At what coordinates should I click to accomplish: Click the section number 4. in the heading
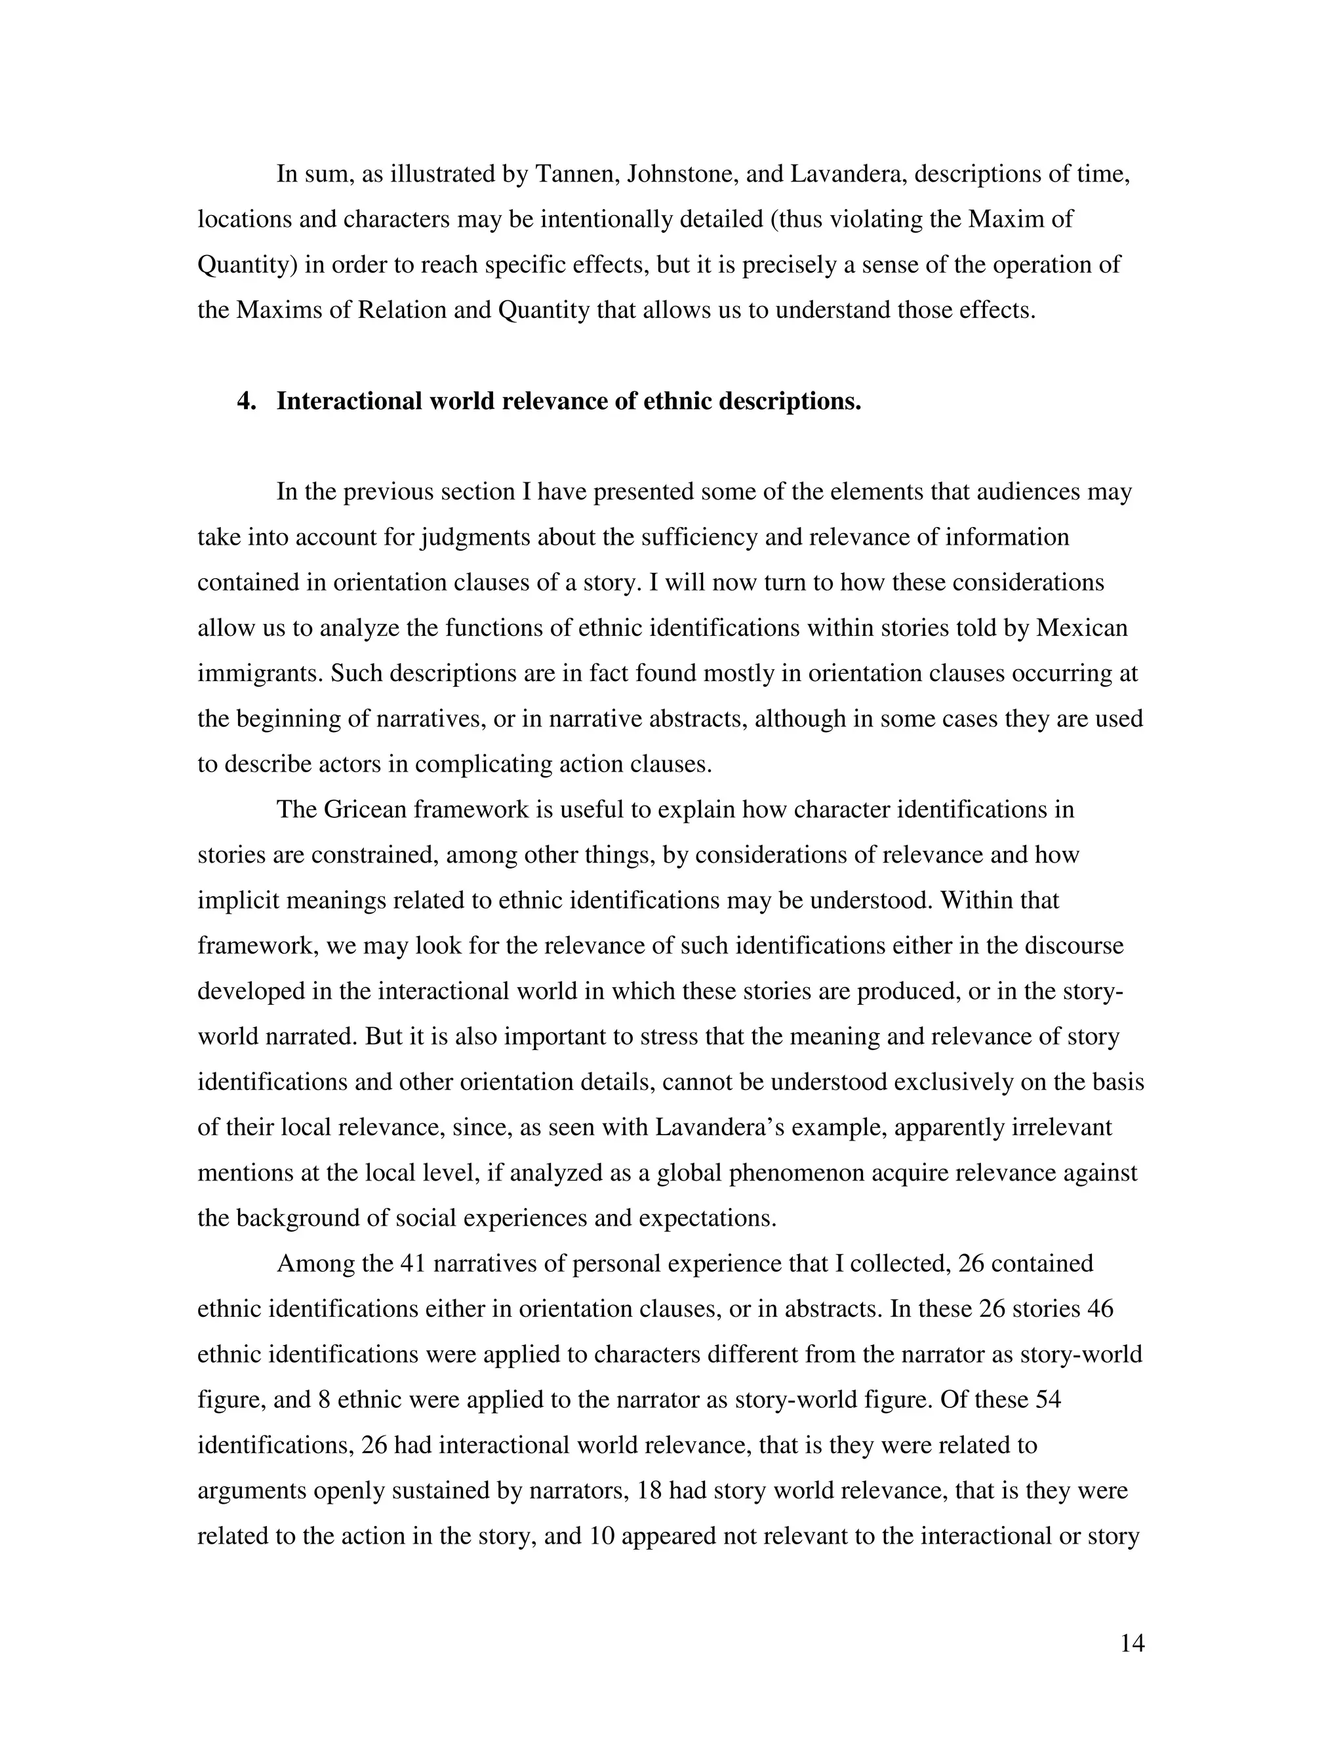click(246, 402)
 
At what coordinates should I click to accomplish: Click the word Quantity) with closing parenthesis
click(247, 264)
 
